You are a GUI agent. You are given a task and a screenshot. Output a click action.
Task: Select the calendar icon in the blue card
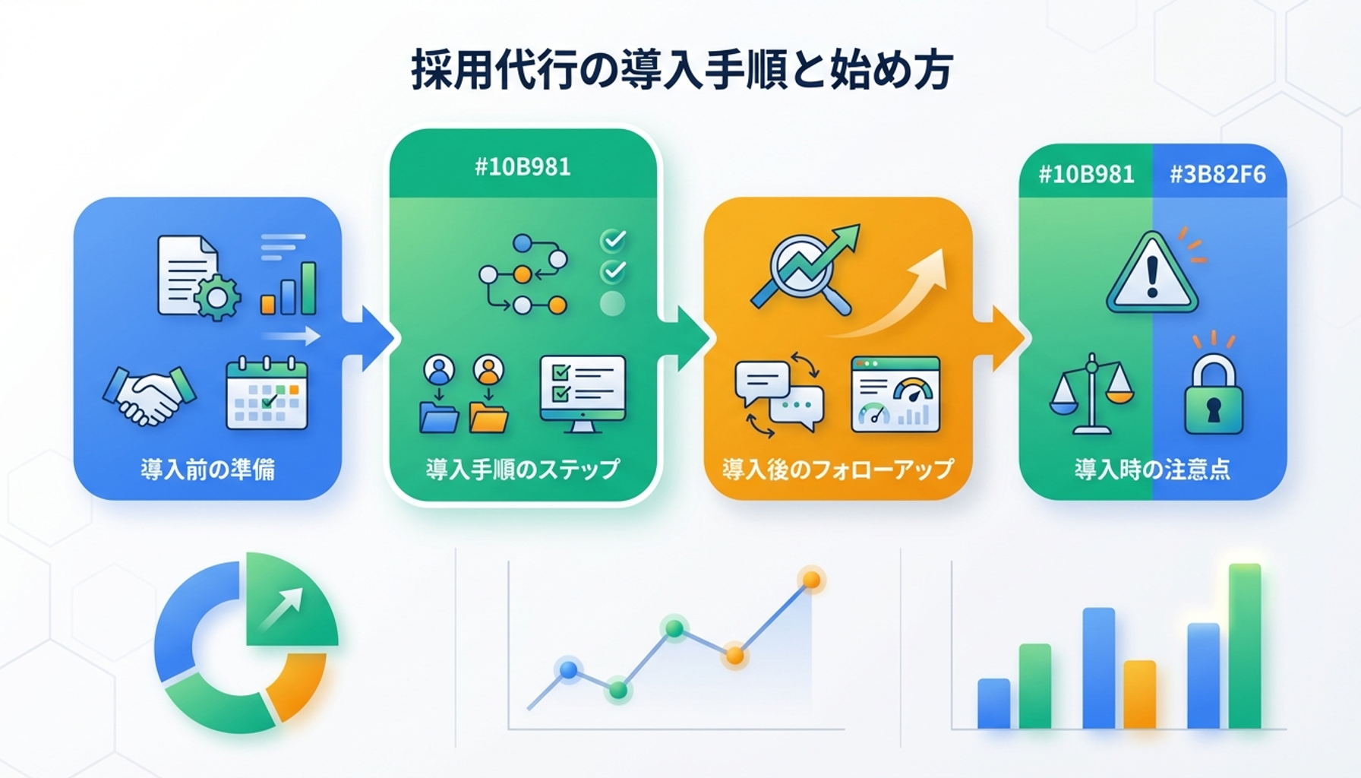pos(267,393)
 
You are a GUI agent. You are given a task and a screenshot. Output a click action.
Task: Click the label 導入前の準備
pos(207,470)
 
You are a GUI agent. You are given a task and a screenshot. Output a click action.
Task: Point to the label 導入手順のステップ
pos(523,469)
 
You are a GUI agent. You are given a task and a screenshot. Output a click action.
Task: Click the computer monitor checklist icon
pos(583,394)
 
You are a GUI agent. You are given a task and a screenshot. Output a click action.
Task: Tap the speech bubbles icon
pos(779,395)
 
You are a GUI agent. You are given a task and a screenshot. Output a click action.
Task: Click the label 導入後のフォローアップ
pos(838,469)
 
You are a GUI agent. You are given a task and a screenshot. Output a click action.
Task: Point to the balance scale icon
pos(1091,394)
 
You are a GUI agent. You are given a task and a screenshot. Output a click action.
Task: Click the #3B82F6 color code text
pos(1217,175)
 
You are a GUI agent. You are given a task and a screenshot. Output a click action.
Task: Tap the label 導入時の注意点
pos(1152,469)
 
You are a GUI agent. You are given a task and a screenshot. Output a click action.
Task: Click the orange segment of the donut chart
pos(298,686)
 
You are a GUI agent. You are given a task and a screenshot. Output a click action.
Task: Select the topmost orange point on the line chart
pos(812,580)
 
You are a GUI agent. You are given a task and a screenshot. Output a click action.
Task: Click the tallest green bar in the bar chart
pos(1245,646)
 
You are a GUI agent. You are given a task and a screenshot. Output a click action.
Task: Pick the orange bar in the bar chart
pos(1139,694)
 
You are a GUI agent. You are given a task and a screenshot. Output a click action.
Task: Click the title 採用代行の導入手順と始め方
pos(681,70)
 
